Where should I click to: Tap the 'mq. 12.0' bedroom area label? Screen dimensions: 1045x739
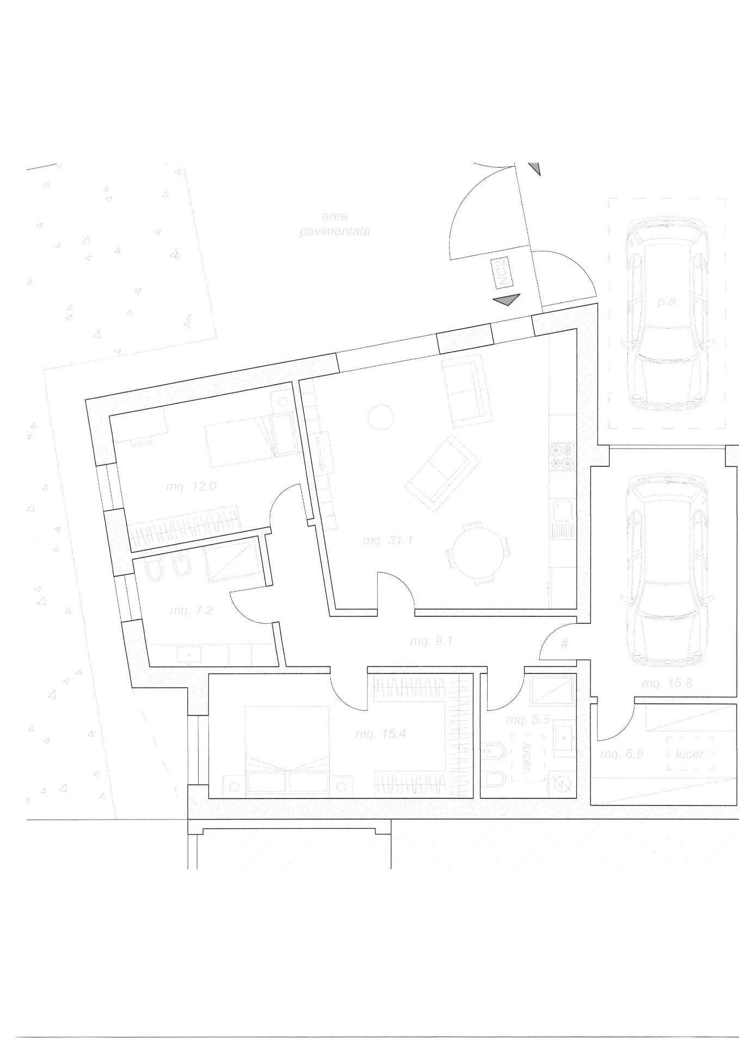click(191, 486)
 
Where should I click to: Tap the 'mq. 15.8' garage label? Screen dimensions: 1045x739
click(667, 683)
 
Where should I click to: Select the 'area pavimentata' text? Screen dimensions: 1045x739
click(335, 224)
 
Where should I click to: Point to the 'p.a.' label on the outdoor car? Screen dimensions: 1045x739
click(667, 302)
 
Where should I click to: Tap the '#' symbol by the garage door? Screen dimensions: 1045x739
click(565, 644)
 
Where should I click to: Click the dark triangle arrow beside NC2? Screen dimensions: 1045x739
click(506, 299)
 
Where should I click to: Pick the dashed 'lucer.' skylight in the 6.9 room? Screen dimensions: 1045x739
click(690, 754)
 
